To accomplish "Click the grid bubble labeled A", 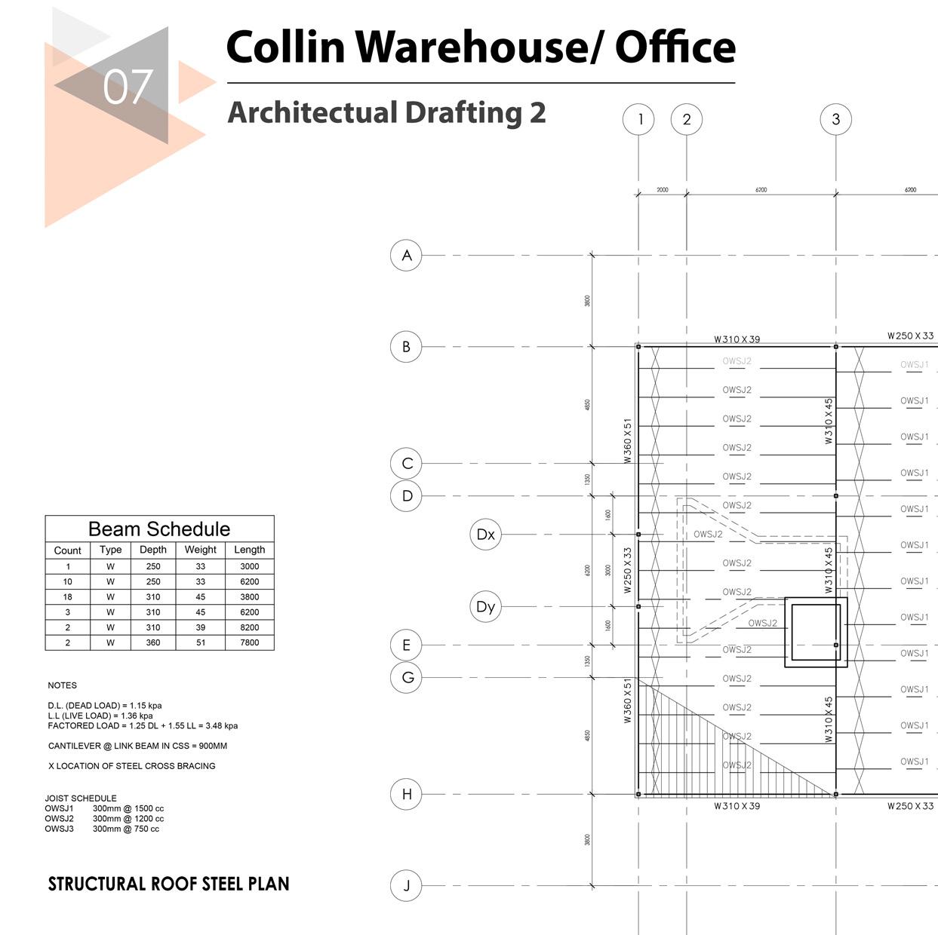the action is point(406,256).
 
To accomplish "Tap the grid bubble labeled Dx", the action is point(485,534).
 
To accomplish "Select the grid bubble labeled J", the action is point(406,885).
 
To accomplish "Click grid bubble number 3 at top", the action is point(835,119).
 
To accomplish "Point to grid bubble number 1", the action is point(639,119).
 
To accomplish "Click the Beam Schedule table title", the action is point(158,529).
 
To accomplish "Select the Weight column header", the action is point(200,550).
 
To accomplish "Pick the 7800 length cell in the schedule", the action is point(249,642).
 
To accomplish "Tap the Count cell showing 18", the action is point(68,596).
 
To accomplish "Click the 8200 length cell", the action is point(249,627).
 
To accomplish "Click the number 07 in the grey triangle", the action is point(128,87).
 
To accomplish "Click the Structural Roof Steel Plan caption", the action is point(168,884).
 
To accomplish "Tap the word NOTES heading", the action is point(62,685).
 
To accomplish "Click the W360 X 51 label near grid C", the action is point(627,441).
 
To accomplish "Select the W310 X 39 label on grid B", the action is point(737,339).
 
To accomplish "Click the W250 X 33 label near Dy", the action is point(627,571).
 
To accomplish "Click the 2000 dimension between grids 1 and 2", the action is point(662,190).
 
